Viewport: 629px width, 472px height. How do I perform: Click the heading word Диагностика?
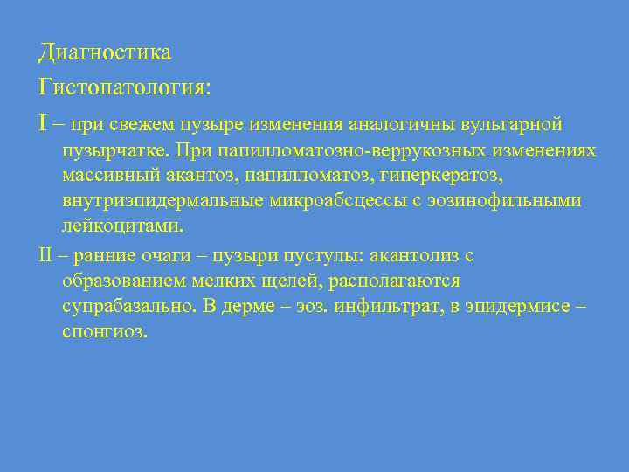pos(105,53)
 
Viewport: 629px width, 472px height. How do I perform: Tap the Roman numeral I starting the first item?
pos(44,123)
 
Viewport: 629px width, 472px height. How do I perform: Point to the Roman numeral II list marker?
pos(47,255)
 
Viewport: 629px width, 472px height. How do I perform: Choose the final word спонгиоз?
pos(106,332)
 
